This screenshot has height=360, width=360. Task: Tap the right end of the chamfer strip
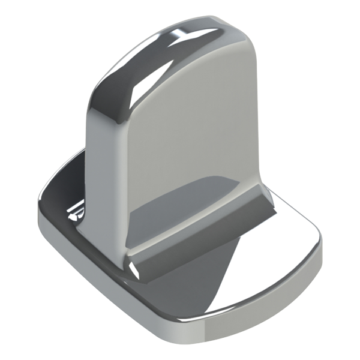click(x=268, y=198)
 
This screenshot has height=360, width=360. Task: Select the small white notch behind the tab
click(x=76, y=211)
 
